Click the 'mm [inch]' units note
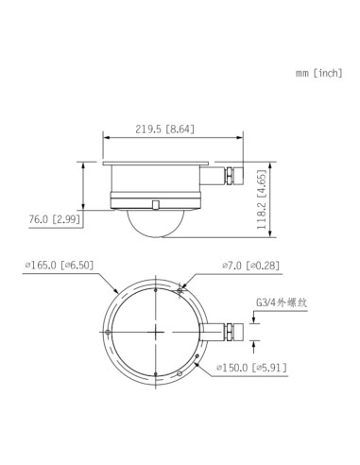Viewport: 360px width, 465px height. [317, 73]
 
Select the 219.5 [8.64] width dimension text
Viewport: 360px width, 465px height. [165, 129]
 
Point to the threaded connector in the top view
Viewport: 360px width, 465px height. [231, 330]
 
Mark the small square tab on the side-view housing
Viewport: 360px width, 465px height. [155, 203]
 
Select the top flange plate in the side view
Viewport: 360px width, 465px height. [155, 164]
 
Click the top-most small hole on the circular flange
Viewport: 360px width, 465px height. [155, 291]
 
